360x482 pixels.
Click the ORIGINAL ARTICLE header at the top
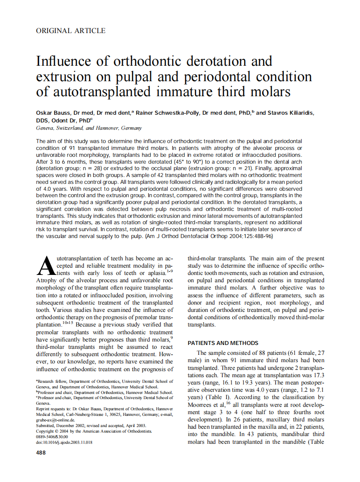point(70,31)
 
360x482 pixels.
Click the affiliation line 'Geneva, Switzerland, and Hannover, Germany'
point(89,128)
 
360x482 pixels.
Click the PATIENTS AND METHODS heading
point(223,343)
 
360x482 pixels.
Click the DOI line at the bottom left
point(64,442)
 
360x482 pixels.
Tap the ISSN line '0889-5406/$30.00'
point(53,436)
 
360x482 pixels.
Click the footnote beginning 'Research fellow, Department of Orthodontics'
point(105,381)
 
